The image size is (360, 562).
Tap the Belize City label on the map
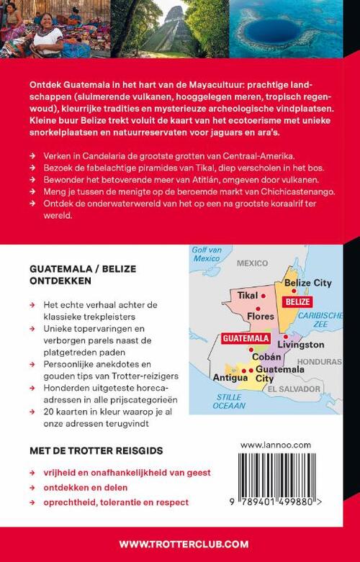pyautogui.click(x=307, y=283)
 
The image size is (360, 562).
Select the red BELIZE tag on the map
pyautogui.click(x=297, y=302)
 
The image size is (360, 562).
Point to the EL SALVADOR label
pyautogui.click(x=293, y=389)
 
